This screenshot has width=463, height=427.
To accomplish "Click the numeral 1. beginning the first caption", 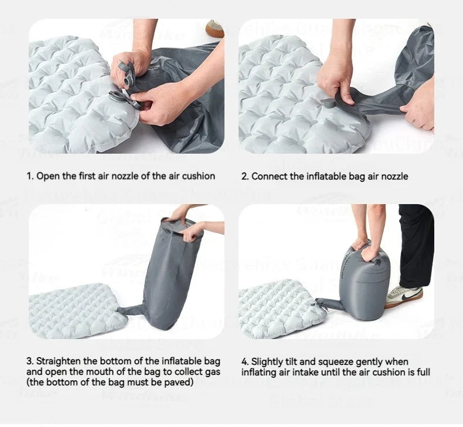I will [x=29, y=176].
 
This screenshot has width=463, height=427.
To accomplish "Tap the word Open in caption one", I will [x=47, y=176].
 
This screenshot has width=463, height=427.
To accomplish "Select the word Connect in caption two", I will [x=269, y=176].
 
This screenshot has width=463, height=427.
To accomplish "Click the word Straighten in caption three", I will [x=59, y=361].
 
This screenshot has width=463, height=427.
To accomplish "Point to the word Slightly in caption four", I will [x=268, y=361].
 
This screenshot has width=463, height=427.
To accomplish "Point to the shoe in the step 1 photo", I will [x=215, y=28].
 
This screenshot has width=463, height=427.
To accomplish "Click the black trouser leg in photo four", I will [x=417, y=246].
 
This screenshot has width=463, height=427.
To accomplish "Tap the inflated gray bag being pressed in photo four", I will [x=363, y=282].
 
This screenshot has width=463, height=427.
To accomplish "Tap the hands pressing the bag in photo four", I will [x=369, y=246].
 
